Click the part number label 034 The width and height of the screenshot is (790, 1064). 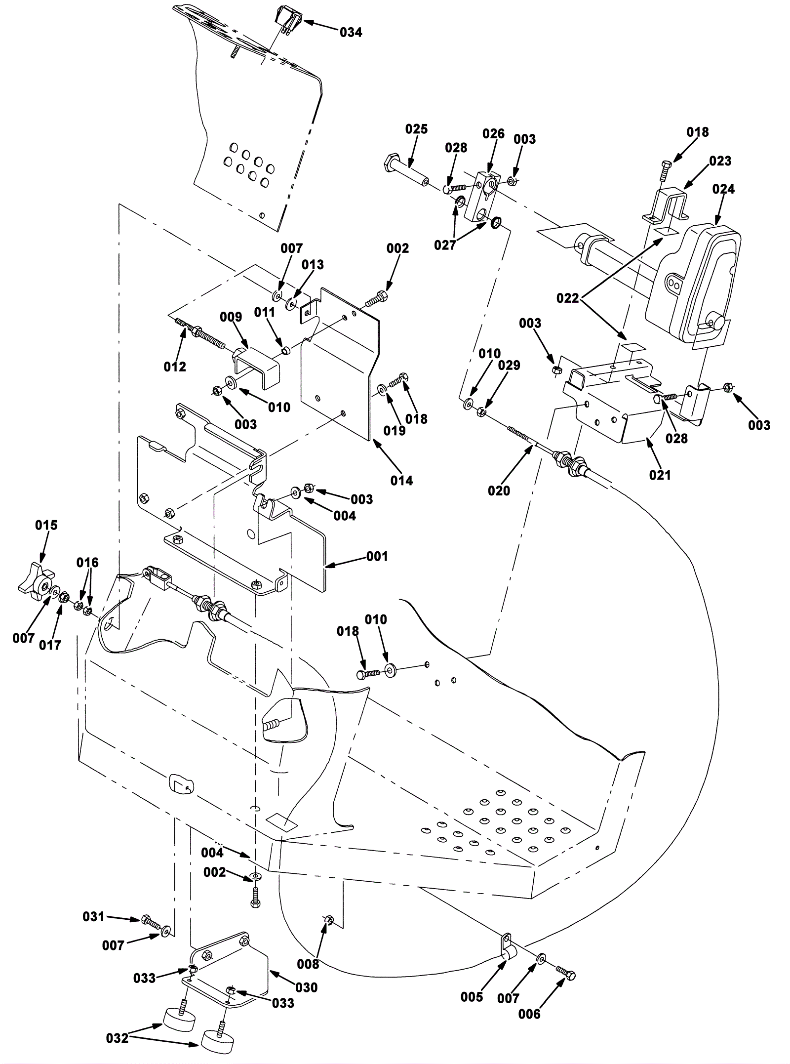click(351, 33)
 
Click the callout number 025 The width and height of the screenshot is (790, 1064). click(416, 129)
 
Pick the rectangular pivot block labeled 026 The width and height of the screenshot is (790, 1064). click(481, 195)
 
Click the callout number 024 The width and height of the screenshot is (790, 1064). click(723, 189)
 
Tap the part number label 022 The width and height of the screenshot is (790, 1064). click(568, 298)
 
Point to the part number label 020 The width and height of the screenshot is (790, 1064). click(499, 491)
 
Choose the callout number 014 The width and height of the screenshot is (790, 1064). click(401, 480)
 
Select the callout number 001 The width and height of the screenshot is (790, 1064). click(377, 556)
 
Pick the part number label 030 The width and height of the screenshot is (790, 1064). click(306, 987)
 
